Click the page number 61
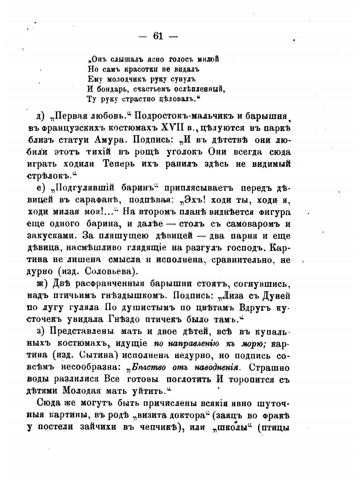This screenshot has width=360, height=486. (158, 36)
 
